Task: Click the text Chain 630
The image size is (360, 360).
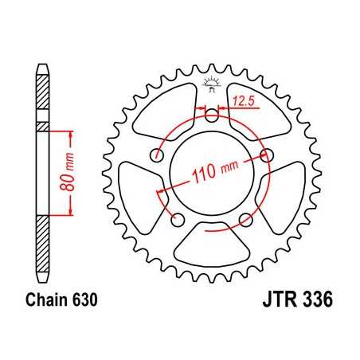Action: click(61, 302)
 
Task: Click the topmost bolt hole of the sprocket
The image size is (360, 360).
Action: click(212, 116)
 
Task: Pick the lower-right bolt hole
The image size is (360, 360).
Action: click(245, 220)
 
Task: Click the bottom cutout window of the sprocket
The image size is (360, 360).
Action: click(212, 248)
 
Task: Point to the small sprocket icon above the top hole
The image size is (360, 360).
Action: click(212, 82)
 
